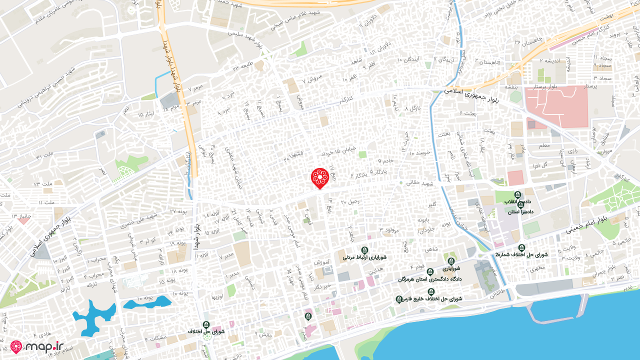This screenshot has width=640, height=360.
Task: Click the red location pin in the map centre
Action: pyautogui.click(x=319, y=178)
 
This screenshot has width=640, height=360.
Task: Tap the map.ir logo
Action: pyautogui.click(x=37, y=346)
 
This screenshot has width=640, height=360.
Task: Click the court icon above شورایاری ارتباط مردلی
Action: pyautogui.click(x=364, y=250)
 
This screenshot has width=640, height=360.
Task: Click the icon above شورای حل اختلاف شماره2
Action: pyautogui.click(x=521, y=247)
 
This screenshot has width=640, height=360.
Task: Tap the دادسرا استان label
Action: pyautogui.click(x=520, y=212)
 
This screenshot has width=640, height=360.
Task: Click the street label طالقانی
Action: pyautogui.click(x=501, y=295)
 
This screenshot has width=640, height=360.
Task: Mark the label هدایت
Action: pyautogui.click(x=375, y=269)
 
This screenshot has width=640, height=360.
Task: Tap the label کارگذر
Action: pyautogui.click(x=345, y=98)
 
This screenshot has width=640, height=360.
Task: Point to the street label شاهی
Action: pyautogui.click(x=430, y=249)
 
